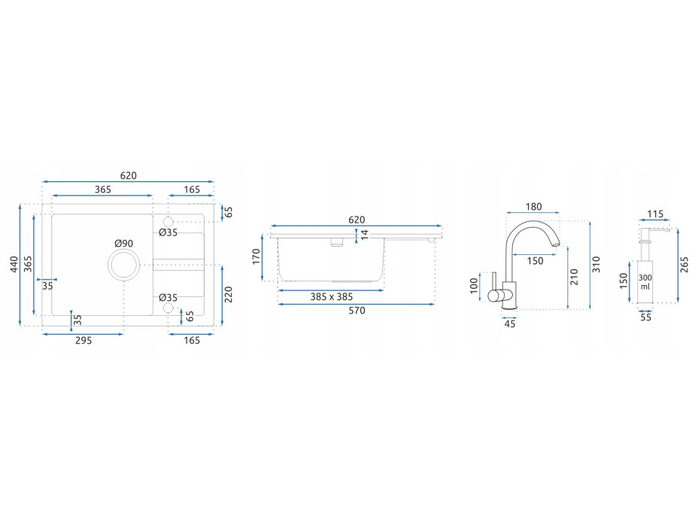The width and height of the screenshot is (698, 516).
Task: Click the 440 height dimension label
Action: pos(14,265)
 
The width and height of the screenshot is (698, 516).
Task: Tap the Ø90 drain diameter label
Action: pos(124,244)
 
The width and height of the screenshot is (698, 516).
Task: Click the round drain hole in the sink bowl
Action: pos(123,265)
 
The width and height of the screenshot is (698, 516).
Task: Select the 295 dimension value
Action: pos(83,341)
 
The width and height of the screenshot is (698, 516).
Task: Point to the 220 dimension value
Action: pos(229,295)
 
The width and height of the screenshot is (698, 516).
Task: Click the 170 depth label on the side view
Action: pos(256,256)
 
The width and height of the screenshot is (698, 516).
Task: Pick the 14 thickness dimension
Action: pos(365,235)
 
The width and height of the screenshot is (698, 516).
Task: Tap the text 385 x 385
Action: pos(332,297)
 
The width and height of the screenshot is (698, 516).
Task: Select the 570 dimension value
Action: pos(357,311)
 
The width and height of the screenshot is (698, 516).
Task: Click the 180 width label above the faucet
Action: pos(533,207)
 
